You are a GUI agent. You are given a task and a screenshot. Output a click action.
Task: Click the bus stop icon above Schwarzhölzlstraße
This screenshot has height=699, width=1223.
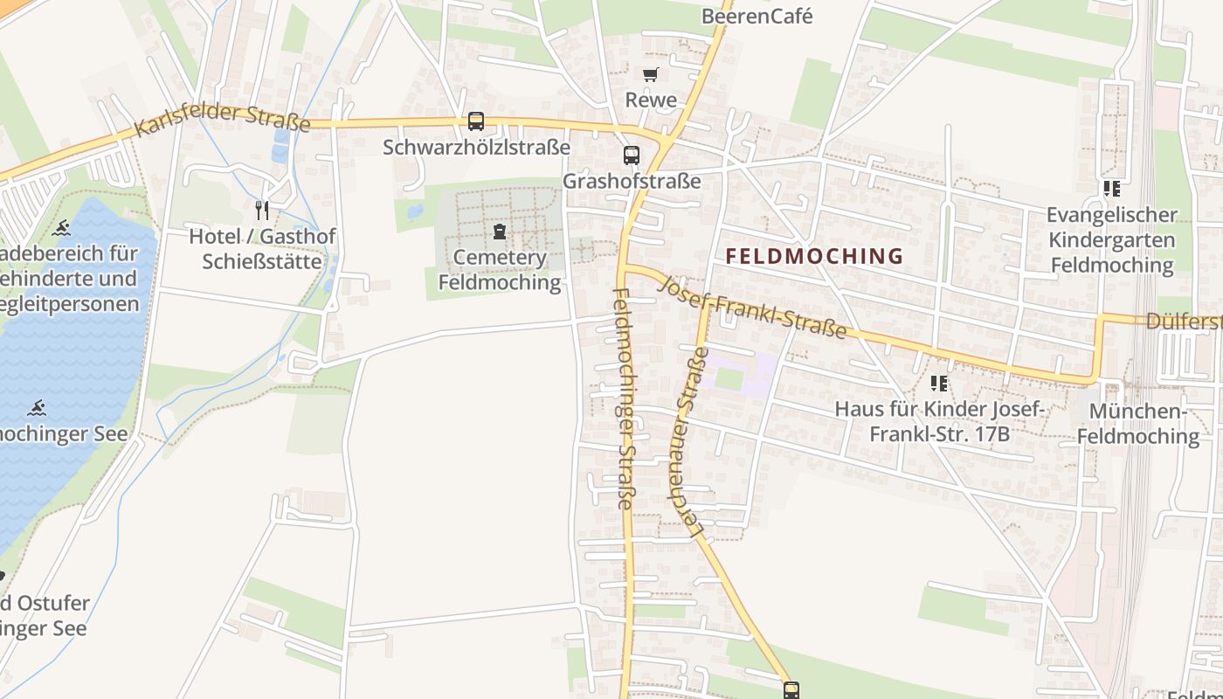point(476,121)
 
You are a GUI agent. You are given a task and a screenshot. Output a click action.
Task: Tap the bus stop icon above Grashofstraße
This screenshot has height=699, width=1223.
point(632,156)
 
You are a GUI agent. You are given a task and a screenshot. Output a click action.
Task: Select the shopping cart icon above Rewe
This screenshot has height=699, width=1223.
point(650,75)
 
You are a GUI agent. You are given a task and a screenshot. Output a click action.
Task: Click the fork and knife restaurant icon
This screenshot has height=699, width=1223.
point(261,210)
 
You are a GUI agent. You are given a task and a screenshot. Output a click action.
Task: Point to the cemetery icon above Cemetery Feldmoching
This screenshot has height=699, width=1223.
point(499,232)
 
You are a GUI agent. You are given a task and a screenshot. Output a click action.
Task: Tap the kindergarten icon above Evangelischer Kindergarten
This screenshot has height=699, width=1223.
point(1111,189)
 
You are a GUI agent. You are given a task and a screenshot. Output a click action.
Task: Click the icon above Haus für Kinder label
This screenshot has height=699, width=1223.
point(939,384)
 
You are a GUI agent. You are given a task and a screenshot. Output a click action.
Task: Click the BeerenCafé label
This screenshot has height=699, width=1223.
point(757,16)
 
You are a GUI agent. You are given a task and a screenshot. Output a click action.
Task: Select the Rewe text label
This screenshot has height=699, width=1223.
point(651,100)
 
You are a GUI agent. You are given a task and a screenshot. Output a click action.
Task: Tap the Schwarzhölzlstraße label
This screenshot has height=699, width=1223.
point(476,147)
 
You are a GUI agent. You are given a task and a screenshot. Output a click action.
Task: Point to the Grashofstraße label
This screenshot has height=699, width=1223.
point(632,182)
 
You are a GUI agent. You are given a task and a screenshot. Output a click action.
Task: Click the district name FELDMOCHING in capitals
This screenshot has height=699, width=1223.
point(814,256)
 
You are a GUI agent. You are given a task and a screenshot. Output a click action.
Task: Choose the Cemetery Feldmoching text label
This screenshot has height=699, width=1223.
point(499,270)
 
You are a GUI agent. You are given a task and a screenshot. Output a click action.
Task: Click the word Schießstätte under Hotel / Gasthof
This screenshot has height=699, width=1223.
point(262,261)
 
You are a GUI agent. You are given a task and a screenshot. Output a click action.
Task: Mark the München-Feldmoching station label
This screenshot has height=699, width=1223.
point(1138,424)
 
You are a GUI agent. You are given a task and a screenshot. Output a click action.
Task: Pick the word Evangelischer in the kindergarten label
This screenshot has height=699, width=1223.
point(1112,215)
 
